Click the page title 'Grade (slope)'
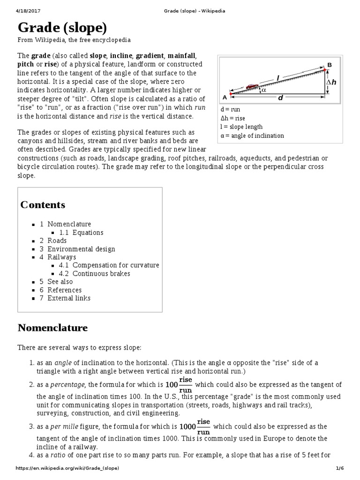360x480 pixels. tap(62, 28)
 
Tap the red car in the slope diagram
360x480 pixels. tap(252, 86)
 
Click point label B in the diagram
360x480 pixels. tap(329, 65)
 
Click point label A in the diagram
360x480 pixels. tap(225, 97)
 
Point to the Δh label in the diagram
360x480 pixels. tap(331, 82)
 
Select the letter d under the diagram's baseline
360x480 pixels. tap(280, 98)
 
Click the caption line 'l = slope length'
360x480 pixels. tap(241, 127)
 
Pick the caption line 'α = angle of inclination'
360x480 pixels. tap(252, 135)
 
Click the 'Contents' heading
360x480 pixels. tap(43, 205)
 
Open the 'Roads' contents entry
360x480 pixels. tap(57, 240)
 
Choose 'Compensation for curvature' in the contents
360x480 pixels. tap(116, 265)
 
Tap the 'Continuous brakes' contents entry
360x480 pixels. tap(101, 273)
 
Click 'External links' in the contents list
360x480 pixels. tap(69, 298)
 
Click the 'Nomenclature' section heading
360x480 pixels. tap(52, 327)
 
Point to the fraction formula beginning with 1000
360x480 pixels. tap(195, 426)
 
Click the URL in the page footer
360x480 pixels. tap(68, 468)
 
